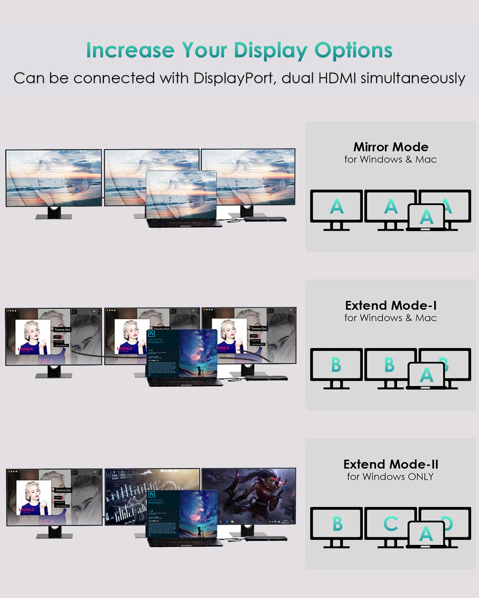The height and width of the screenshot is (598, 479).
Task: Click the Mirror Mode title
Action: pos(391,147)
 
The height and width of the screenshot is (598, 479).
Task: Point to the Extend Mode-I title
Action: pos(391,305)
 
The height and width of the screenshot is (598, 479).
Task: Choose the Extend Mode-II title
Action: pos(391,464)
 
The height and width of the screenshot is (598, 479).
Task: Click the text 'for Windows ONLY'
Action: pos(390,477)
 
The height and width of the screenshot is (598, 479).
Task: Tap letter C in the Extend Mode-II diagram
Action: pos(390,524)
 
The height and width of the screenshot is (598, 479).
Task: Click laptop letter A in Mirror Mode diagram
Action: pos(426,217)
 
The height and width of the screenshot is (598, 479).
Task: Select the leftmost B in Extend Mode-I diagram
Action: pos(336,365)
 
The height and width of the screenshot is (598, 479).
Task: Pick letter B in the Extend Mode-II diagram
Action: pos(337,524)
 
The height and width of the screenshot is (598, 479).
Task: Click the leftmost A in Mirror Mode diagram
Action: pos(336,207)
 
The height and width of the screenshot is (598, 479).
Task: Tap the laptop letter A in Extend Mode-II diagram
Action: pos(426,534)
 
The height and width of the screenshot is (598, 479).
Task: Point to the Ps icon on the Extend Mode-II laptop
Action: pos(152,495)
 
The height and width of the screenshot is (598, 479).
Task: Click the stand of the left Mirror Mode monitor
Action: pos(54,213)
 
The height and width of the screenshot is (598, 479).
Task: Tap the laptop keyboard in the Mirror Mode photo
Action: pos(184,222)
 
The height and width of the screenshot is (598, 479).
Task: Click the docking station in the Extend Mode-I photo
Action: pos(265,377)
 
